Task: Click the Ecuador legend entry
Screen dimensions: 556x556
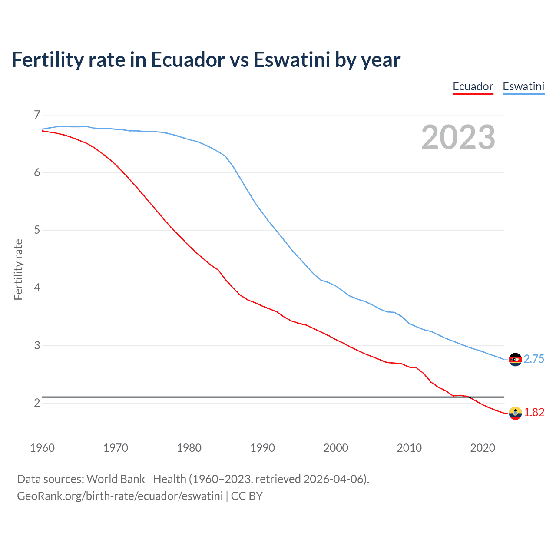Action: (473, 86)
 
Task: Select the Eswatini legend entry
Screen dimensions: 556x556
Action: (523, 86)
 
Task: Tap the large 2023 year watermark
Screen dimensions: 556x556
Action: (458, 137)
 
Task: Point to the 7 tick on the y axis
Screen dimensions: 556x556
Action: (37, 115)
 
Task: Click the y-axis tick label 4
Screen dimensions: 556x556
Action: (37, 288)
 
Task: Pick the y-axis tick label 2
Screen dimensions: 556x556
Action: (37, 403)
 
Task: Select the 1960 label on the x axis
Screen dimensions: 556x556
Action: (42, 448)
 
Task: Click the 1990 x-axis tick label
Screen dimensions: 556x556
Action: (262, 448)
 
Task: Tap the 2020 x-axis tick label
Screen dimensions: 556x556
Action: (483, 448)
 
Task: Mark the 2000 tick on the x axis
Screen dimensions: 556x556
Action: (336, 448)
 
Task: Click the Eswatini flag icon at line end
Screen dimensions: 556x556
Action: (515, 359)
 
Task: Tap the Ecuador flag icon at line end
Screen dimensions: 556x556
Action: (515, 413)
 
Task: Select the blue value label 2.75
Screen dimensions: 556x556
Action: (534, 359)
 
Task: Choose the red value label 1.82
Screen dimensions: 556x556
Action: (534, 412)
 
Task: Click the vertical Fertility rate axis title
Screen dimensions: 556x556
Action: (18, 269)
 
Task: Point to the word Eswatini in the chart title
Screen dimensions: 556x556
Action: (292, 60)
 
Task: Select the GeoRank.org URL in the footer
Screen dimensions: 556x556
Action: (120, 496)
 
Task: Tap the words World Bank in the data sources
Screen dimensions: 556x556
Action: (116, 479)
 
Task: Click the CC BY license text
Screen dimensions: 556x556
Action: (247, 496)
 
